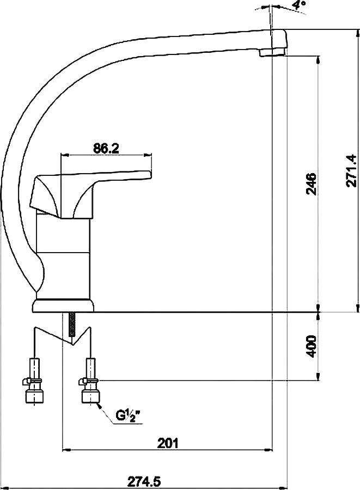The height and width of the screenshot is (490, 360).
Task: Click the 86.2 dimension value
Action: pyautogui.click(x=106, y=149)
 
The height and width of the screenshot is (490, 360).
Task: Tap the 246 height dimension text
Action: pyautogui.click(x=311, y=183)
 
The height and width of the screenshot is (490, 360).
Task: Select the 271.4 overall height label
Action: pyautogui.click(x=351, y=170)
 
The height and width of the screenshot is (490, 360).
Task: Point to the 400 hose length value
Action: pyautogui.click(x=311, y=347)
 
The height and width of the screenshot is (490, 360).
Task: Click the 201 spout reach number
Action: pyautogui.click(x=168, y=443)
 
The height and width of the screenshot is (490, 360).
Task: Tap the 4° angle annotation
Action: pyautogui.click(x=299, y=4)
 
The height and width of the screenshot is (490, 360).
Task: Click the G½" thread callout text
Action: pyautogui.click(x=128, y=415)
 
